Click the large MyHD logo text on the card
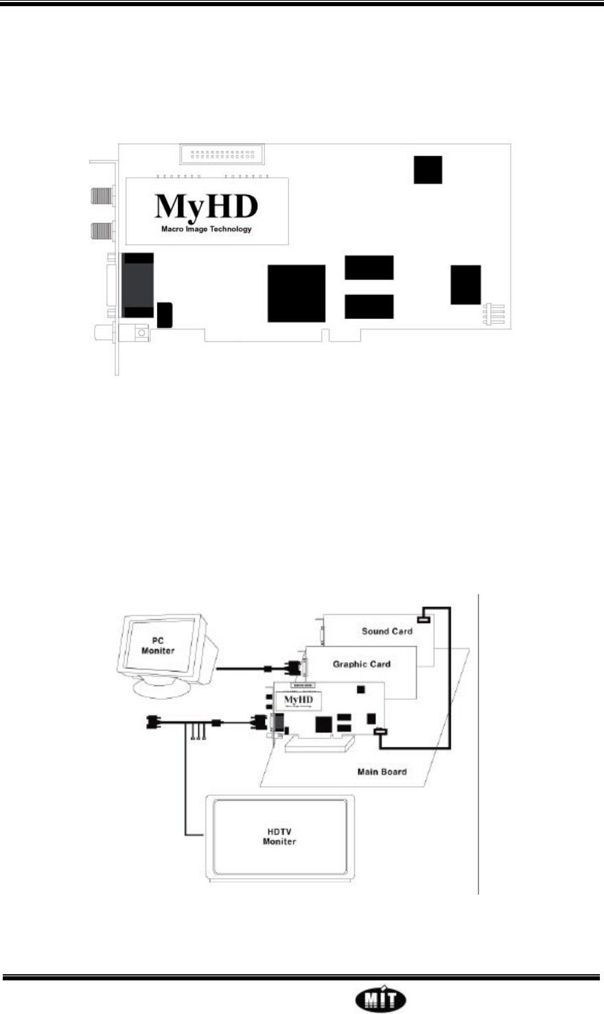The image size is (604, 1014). (207, 205)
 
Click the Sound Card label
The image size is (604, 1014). (387, 630)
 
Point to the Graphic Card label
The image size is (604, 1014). (361, 664)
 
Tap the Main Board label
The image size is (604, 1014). (382, 771)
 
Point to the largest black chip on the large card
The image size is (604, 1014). (296, 293)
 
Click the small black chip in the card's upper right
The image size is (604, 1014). (428, 169)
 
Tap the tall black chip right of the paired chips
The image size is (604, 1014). (466, 285)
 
